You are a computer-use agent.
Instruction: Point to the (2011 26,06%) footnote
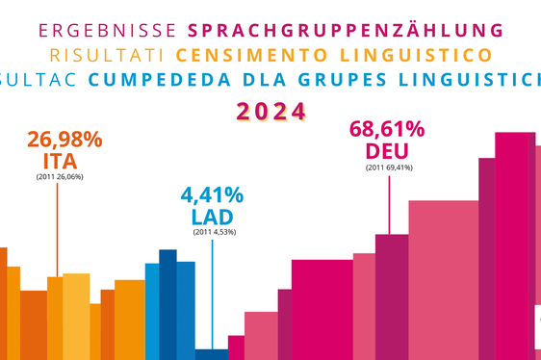point(62,178)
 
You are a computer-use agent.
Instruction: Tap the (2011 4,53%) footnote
point(214,232)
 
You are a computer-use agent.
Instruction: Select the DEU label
point(390,152)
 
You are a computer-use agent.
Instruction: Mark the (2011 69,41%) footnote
point(390,168)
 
